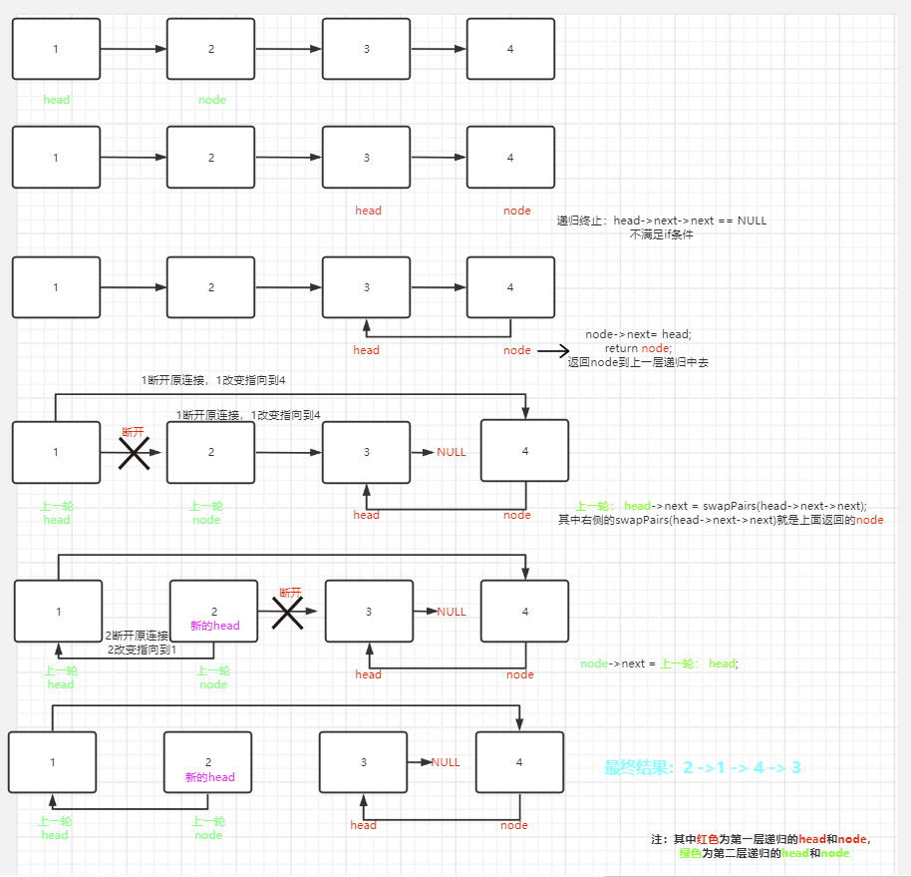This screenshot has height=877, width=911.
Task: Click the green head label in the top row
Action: (57, 100)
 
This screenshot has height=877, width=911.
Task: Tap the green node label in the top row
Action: (212, 100)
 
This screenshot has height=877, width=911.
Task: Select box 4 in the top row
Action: (510, 49)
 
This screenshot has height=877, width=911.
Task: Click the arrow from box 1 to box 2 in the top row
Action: (134, 48)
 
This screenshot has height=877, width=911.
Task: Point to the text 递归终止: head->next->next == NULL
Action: (662, 220)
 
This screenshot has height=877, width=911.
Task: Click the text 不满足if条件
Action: (661, 234)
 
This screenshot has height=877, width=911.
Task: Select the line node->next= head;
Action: (638, 334)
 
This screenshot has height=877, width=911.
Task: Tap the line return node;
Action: (638, 348)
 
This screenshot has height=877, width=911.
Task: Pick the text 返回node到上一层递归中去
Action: (638, 362)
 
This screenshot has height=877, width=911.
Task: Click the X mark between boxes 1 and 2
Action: (134, 454)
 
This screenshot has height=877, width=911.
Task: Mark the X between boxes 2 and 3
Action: (288, 613)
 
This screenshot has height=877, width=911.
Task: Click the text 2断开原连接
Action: (137, 636)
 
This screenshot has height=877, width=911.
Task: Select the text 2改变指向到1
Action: (142, 650)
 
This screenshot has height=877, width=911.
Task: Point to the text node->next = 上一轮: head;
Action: (660, 664)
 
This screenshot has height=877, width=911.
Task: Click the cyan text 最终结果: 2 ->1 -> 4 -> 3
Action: (703, 767)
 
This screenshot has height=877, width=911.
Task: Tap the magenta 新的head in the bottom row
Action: (209, 777)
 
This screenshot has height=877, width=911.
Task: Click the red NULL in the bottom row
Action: (446, 762)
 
